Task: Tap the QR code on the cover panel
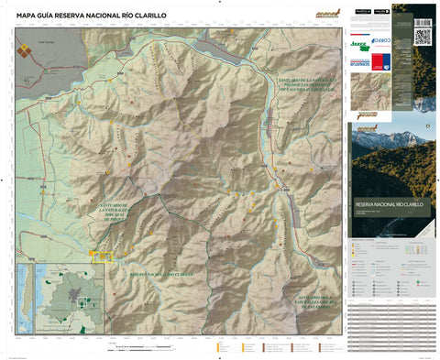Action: point(423,36)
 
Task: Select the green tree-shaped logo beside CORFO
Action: point(358,42)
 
